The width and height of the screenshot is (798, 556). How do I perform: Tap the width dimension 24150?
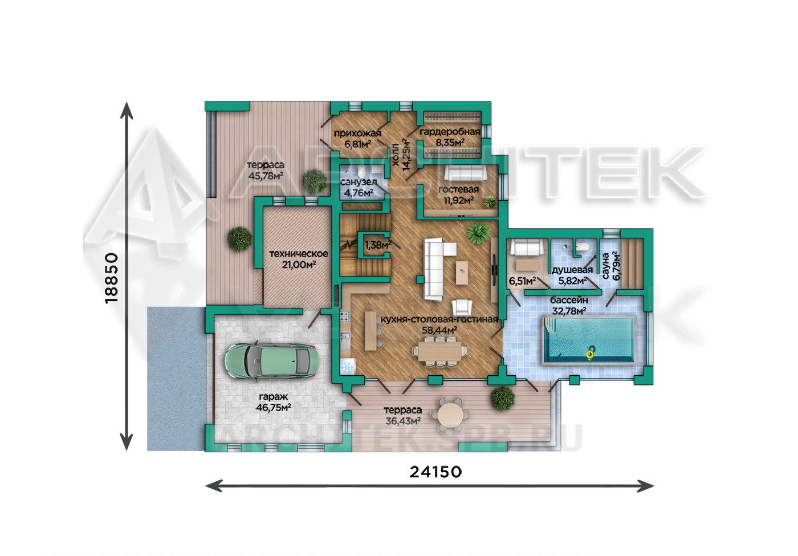click(435, 472)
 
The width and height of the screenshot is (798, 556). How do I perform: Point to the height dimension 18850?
click(112, 278)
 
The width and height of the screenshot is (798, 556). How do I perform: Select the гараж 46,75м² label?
click(273, 401)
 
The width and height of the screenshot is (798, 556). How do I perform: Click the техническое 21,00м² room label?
click(299, 259)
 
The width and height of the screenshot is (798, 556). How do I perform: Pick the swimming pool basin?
click(589, 339)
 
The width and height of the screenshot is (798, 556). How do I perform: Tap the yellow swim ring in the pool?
click(590, 354)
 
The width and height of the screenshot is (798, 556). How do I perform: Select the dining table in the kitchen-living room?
click(439, 351)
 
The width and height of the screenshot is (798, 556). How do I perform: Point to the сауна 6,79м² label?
click(611, 266)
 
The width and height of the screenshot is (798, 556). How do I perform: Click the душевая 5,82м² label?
click(572, 275)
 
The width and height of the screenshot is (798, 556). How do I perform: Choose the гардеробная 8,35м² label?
click(450, 137)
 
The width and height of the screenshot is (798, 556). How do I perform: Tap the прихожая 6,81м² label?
click(358, 139)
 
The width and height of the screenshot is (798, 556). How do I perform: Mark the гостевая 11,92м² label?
click(458, 195)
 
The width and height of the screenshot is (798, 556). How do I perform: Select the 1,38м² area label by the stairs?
click(377, 245)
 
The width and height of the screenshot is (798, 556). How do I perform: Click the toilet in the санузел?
click(361, 172)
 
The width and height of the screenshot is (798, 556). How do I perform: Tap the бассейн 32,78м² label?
click(569, 306)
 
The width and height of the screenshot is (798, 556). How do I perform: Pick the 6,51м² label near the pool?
click(522, 281)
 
